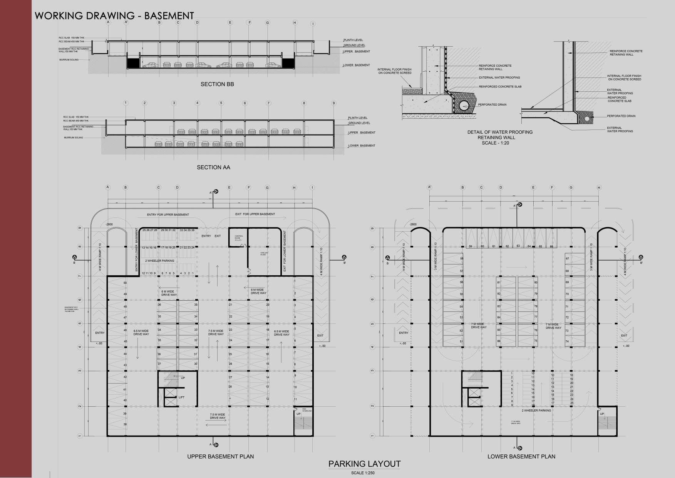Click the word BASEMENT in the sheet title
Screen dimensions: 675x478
[170, 16]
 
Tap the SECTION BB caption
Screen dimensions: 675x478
[217, 84]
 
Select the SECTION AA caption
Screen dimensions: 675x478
[213, 167]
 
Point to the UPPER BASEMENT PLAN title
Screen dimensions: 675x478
[220, 456]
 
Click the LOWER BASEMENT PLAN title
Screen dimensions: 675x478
[521, 456]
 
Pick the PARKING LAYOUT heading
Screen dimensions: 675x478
[364, 464]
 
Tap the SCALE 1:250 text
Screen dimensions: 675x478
[363, 473]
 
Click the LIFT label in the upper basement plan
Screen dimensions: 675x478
[181, 397]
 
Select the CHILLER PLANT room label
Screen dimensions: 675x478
[264, 254]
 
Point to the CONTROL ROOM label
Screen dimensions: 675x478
[239, 238]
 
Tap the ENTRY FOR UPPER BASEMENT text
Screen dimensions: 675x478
[168, 215]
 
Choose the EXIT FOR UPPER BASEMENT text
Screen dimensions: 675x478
[255, 214]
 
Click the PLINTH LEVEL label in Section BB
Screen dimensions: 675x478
[353, 40]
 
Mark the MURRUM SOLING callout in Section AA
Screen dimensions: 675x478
[74, 138]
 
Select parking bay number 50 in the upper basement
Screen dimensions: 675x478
[125, 283]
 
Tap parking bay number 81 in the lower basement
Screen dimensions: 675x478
[499, 283]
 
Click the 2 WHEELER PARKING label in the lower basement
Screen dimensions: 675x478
[536, 411]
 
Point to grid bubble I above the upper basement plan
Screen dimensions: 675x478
[312, 188]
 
